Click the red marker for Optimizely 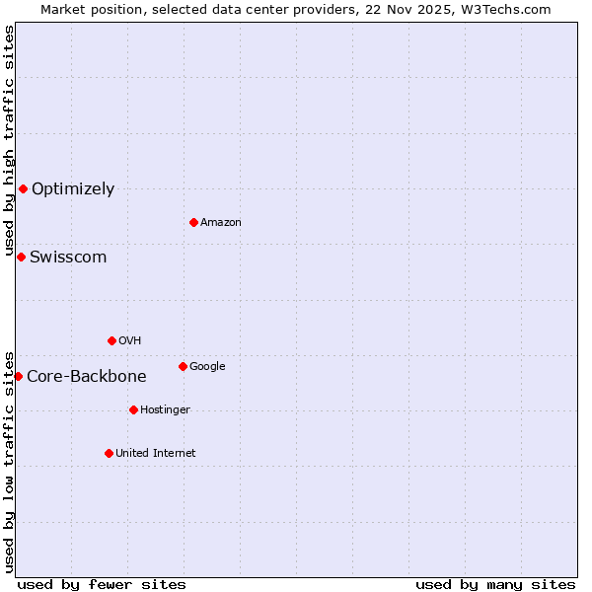coord(23,188)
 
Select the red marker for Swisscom coord(21,257)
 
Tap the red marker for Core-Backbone coord(18,376)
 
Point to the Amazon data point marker coord(193,222)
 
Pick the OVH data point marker coord(111,340)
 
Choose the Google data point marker coord(183,366)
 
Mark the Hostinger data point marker coord(133,409)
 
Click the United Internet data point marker coord(109,453)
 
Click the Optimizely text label coord(73,189)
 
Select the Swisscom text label coord(68,258)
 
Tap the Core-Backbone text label coord(87,377)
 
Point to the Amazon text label coord(221,223)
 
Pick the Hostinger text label coord(165,410)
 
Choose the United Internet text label coord(156,454)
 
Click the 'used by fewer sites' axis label coord(102,584)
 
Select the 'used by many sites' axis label coord(495,584)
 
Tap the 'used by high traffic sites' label coord(9,141)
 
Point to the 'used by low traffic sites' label coord(9,461)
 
